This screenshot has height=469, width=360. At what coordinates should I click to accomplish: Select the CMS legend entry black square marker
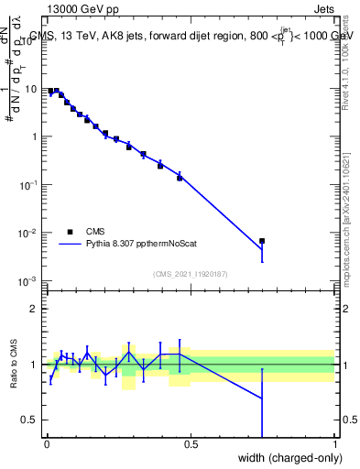[x=71, y=232]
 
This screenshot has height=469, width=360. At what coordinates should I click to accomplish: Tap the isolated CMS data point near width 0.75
[x=262, y=241]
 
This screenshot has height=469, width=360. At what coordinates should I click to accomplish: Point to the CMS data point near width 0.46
[x=180, y=178]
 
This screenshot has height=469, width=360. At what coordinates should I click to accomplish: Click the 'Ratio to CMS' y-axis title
[x=14, y=365]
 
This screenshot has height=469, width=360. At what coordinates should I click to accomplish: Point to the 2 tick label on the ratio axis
[x=34, y=309]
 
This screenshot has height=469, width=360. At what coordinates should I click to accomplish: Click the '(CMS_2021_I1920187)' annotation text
[x=191, y=273]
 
